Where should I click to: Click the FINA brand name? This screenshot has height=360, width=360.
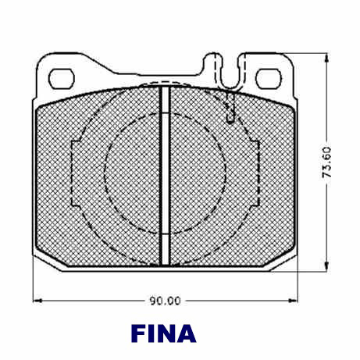pos(164,333)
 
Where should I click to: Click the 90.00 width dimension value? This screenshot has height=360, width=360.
pos(166,301)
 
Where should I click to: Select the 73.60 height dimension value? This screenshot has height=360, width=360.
pos(326,162)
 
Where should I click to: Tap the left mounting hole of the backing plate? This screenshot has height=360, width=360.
pos(62,79)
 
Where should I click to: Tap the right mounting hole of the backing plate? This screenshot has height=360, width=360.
pos(269,79)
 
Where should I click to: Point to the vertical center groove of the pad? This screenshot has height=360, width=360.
pos(166,176)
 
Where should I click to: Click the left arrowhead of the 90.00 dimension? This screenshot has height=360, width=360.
pos(37,301)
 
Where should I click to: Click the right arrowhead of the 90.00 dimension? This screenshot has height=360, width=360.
pos(293,301)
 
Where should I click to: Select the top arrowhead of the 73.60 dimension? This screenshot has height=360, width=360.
pos(326,58)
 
